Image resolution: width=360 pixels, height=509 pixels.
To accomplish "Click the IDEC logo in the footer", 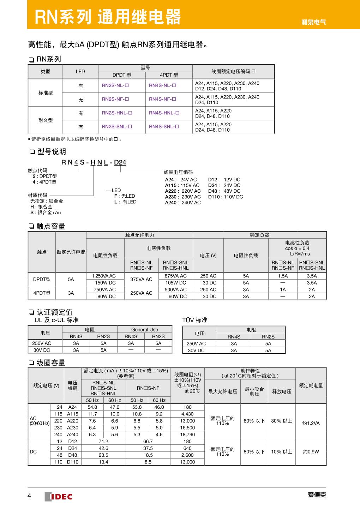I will (x=59, y=496).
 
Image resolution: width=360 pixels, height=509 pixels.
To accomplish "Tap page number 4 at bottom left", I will (x=29, y=496).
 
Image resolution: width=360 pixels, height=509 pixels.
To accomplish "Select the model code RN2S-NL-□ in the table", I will (x=115, y=85).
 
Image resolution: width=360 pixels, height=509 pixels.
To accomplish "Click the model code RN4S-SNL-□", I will (x=164, y=127).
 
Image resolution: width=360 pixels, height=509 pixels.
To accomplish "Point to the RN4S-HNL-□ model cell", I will (x=164, y=113).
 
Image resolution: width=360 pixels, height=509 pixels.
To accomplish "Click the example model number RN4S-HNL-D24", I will (x=94, y=162).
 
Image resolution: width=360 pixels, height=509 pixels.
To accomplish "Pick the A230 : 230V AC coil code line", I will (x=183, y=197).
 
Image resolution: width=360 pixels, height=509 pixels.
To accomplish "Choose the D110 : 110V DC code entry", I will (x=226, y=197).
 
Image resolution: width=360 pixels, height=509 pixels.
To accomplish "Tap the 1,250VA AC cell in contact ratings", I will (x=104, y=276).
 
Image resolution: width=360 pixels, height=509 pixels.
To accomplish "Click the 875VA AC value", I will (x=175, y=276).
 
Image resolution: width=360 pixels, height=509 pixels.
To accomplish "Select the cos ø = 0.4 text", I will (x=297, y=248).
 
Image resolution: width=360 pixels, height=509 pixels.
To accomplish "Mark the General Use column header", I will (x=145, y=330).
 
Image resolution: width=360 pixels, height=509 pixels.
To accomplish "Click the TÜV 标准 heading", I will (x=195, y=320).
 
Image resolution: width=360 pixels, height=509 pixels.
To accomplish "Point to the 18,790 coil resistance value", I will (x=187, y=435).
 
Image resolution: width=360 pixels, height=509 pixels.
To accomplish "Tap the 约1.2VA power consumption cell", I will (x=311, y=423).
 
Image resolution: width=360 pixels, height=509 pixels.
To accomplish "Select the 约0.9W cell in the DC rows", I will (x=311, y=451).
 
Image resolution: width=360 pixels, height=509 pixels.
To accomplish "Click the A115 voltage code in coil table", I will (x=73, y=414).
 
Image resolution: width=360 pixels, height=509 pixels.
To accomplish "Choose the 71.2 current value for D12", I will (x=103, y=442).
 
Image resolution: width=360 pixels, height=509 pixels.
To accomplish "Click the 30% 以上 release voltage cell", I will (x=282, y=421).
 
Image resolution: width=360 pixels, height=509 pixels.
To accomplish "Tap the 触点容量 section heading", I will (x=51, y=226).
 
